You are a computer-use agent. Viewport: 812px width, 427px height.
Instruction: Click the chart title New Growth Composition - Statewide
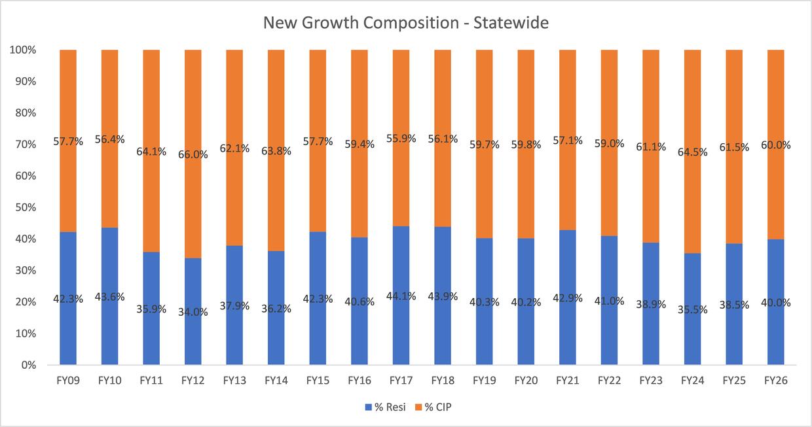405,23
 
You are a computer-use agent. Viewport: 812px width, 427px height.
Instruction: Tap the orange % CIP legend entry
432,407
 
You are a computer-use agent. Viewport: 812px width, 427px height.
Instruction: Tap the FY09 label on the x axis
68,380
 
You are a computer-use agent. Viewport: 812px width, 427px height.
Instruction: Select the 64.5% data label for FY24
692,152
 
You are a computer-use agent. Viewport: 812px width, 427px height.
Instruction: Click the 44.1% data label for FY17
401,296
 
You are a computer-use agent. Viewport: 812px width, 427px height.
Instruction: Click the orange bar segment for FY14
276,98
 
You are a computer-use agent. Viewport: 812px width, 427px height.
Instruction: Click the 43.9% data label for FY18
443,296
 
